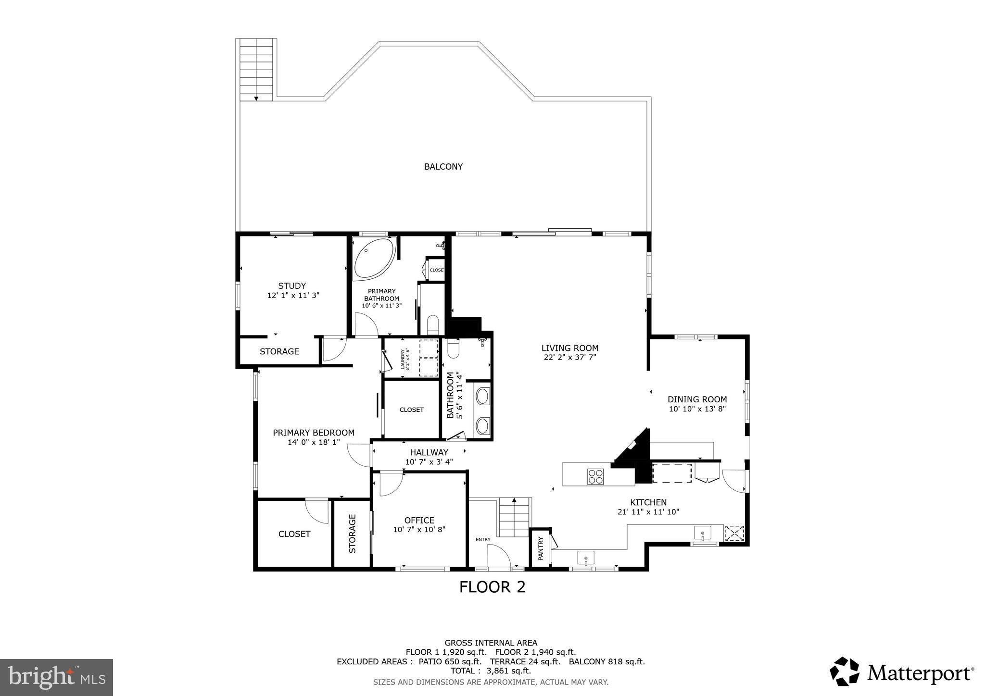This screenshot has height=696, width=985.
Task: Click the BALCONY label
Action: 443,167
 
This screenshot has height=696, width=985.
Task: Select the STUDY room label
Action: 292,286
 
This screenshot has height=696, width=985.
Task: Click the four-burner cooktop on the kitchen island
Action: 595,476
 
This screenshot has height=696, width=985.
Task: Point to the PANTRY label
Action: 540,548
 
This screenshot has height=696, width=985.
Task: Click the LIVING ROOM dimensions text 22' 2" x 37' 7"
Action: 570,357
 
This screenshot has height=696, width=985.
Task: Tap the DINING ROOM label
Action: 697,399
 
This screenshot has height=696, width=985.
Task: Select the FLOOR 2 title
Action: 492,587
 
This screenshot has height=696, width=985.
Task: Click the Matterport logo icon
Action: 844,671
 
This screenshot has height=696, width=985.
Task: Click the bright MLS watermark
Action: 57,677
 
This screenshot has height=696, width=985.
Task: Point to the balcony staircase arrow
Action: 256,98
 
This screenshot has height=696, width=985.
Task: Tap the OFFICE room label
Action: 419,520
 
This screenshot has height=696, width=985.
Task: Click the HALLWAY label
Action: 429,452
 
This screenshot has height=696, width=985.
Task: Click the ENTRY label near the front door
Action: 483,539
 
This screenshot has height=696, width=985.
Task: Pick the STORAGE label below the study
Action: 279,351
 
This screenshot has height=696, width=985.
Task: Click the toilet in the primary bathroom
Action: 433,324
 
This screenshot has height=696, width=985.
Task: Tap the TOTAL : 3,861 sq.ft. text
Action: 491,671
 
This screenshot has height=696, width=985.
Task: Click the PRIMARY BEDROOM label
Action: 314,433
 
